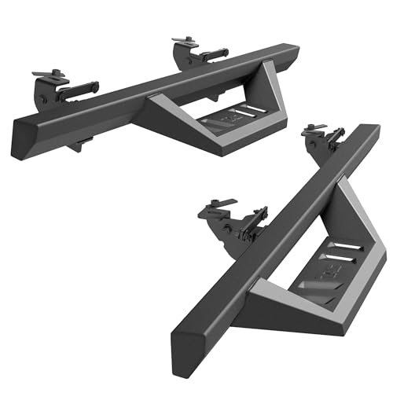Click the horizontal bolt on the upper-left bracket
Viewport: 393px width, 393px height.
point(79,88)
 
